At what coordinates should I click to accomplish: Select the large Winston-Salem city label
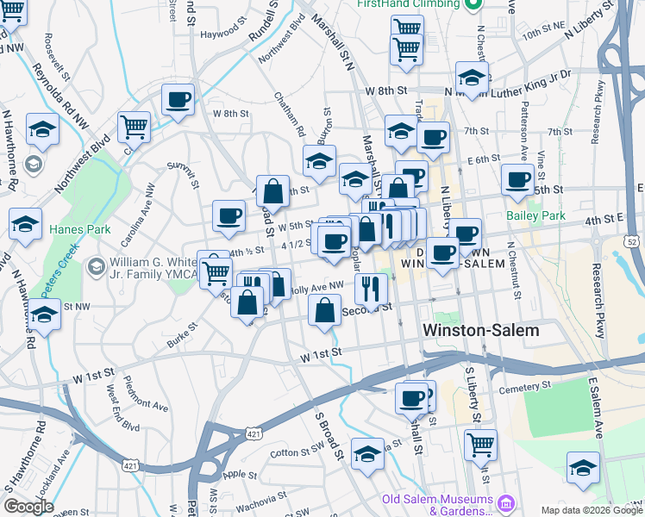pos(480,330)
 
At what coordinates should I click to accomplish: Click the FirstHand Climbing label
pos(409,4)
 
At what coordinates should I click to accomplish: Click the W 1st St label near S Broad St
pos(322,352)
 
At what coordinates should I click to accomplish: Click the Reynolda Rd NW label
pos(61,95)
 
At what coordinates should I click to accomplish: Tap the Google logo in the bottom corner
pos(28,507)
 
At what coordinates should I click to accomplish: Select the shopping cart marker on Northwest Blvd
pos(134,128)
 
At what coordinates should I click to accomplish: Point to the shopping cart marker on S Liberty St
pos(480,444)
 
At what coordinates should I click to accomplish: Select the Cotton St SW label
pos(296,452)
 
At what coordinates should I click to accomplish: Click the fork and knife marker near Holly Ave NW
pos(371,287)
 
